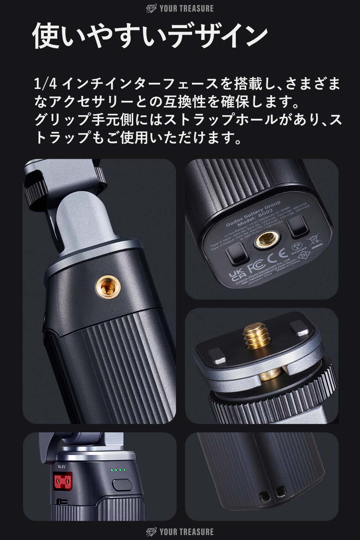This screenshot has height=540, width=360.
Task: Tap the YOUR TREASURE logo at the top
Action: pyautogui.click(x=180, y=8)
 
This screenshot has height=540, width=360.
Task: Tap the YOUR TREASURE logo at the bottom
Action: pyautogui.click(x=180, y=532)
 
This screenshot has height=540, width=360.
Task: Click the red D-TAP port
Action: pyautogui.click(x=62, y=481)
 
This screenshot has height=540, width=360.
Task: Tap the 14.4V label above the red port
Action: pyautogui.click(x=62, y=467)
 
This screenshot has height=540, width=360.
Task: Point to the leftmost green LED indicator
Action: pyautogui.click(x=113, y=470)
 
